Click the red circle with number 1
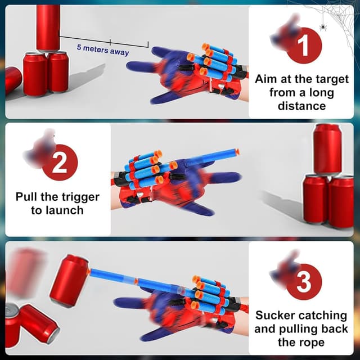click(x=304, y=45)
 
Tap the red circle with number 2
click(x=60, y=163)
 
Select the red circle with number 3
click(x=304, y=282)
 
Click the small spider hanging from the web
click(x=323, y=27)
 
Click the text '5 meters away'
click(x=103, y=50)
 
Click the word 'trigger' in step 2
click(x=79, y=197)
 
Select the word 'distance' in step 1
click(x=301, y=106)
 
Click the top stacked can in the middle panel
click(x=327, y=148)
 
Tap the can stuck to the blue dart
click(x=70, y=281)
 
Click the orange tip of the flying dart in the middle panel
click(x=237, y=152)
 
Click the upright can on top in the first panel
click(x=48, y=28)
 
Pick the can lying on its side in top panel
click(x=13, y=80)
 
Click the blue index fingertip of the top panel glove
click(x=132, y=66)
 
